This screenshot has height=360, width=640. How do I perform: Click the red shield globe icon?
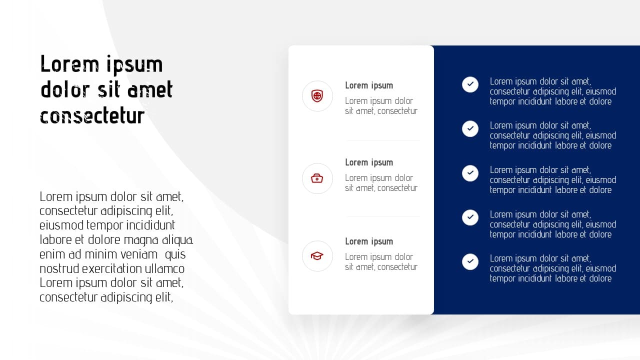317,96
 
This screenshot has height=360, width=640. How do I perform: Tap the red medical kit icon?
317,178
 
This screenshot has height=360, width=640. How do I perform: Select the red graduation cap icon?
317,255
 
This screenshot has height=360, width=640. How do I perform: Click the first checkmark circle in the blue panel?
470,84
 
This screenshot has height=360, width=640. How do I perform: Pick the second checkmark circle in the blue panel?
470,128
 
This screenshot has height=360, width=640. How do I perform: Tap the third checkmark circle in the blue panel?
470,173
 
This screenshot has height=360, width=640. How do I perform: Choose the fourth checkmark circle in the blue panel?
470,217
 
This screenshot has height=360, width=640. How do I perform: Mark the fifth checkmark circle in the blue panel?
470,261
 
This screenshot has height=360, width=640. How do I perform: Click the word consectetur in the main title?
92,115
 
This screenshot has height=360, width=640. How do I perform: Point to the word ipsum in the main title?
134,65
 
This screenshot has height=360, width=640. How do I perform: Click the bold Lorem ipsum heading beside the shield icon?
369,85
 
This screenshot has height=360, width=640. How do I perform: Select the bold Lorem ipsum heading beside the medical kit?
369,162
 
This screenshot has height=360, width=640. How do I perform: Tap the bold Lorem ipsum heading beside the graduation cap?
369,241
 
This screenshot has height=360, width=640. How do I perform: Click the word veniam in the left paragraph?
139,254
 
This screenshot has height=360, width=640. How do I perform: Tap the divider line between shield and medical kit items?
382,140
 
